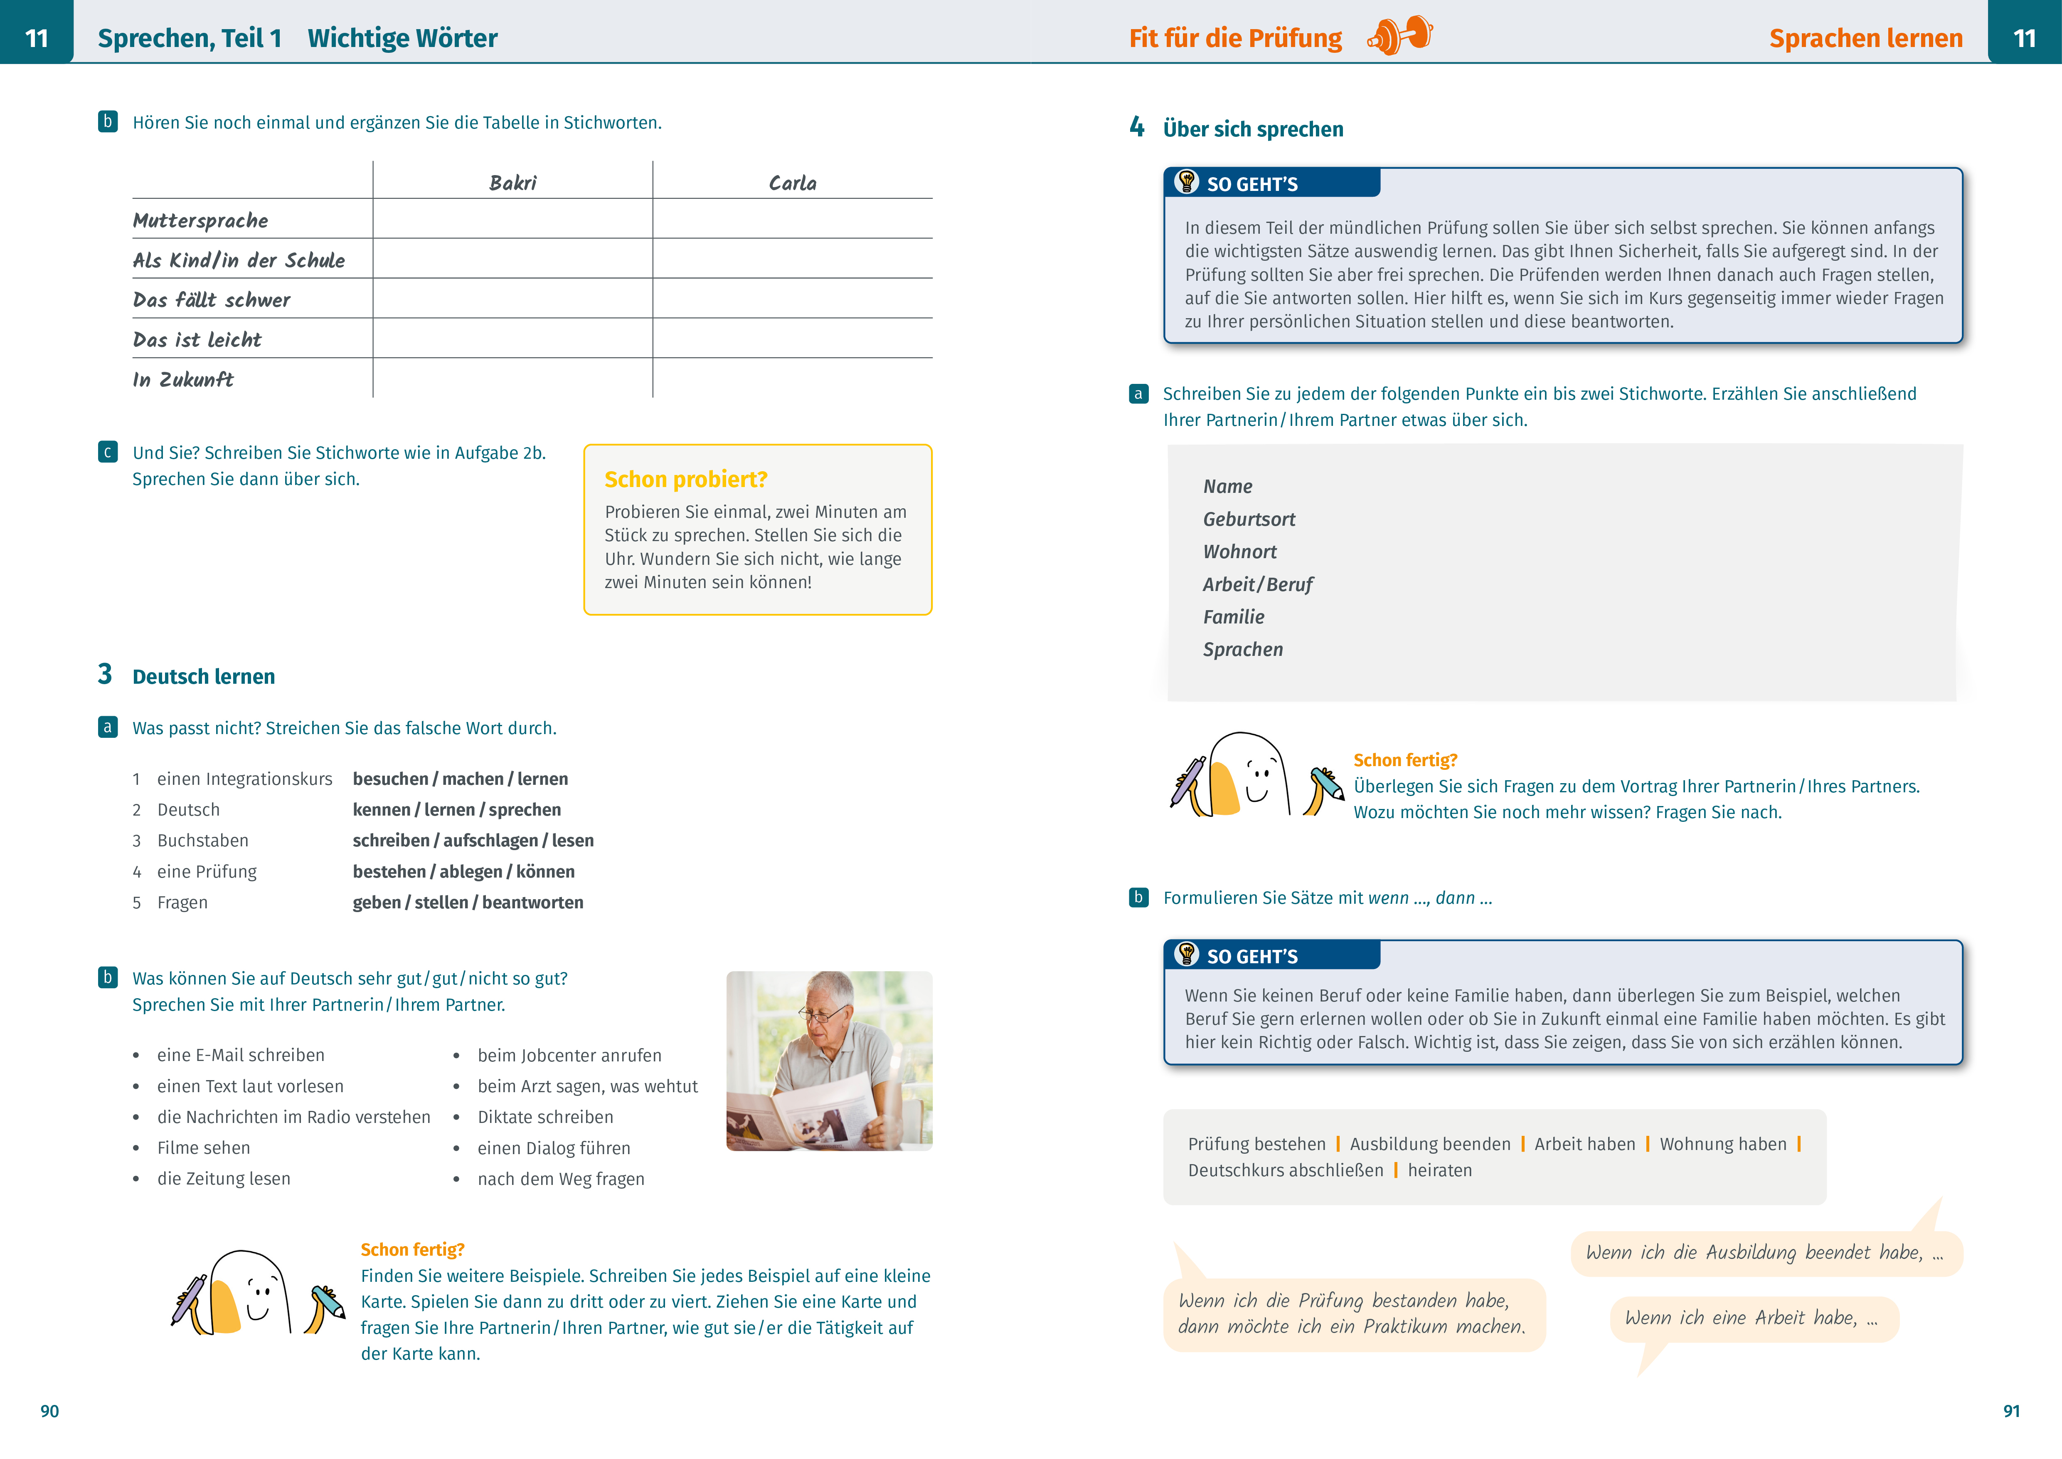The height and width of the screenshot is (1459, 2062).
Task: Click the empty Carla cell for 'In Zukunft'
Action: (x=792, y=378)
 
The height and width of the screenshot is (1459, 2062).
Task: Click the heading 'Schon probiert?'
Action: (x=685, y=480)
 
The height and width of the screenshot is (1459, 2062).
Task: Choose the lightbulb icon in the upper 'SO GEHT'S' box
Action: (x=1186, y=181)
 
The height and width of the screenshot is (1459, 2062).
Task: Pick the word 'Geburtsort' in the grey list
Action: (x=1248, y=519)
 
